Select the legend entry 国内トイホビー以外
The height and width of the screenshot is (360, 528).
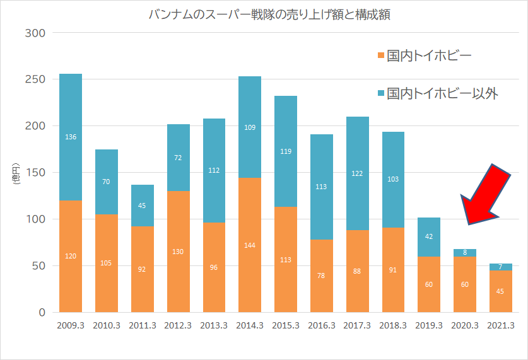click(x=442, y=94)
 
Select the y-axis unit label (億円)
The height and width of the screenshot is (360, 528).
click(x=16, y=173)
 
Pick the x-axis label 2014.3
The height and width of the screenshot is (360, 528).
click(x=250, y=326)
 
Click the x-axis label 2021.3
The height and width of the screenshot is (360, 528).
click(x=501, y=326)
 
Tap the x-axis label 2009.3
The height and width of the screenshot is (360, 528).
click(x=70, y=326)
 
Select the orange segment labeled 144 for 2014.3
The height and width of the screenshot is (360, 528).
click(x=250, y=246)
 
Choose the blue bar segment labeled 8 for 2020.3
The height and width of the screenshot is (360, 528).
click(x=465, y=253)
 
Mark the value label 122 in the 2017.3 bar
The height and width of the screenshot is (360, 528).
click(x=357, y=173)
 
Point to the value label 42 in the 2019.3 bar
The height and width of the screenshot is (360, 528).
click(x=429, y=236)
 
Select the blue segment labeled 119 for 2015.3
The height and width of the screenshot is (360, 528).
click(x=286, y=151)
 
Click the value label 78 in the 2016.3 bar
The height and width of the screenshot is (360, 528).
click(x=321, y=276)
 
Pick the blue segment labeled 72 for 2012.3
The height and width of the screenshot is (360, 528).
click(x=178, y=158)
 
